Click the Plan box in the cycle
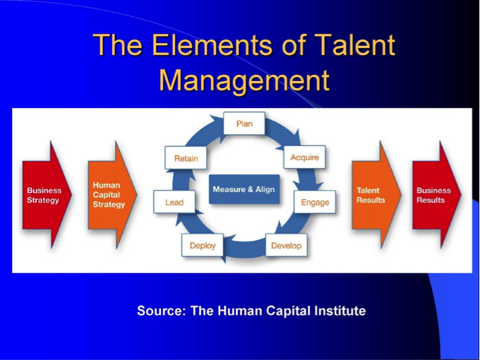pos(244,123)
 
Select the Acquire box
pos(304,157)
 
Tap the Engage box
pos(315,202)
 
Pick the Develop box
pos(286,245)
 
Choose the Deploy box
pos(203,245)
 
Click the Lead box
pos(174,202)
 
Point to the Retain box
pos(186,158)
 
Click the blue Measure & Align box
pos(244,189)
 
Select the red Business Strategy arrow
pos(47,195)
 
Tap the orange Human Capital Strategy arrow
pos(112,195)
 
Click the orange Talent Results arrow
pos(376,195)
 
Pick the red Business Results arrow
pos(436,195)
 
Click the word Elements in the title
pos(212,45)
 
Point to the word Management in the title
pos(244,80)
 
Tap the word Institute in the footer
pos(340,311)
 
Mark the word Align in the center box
pos(265,189)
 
